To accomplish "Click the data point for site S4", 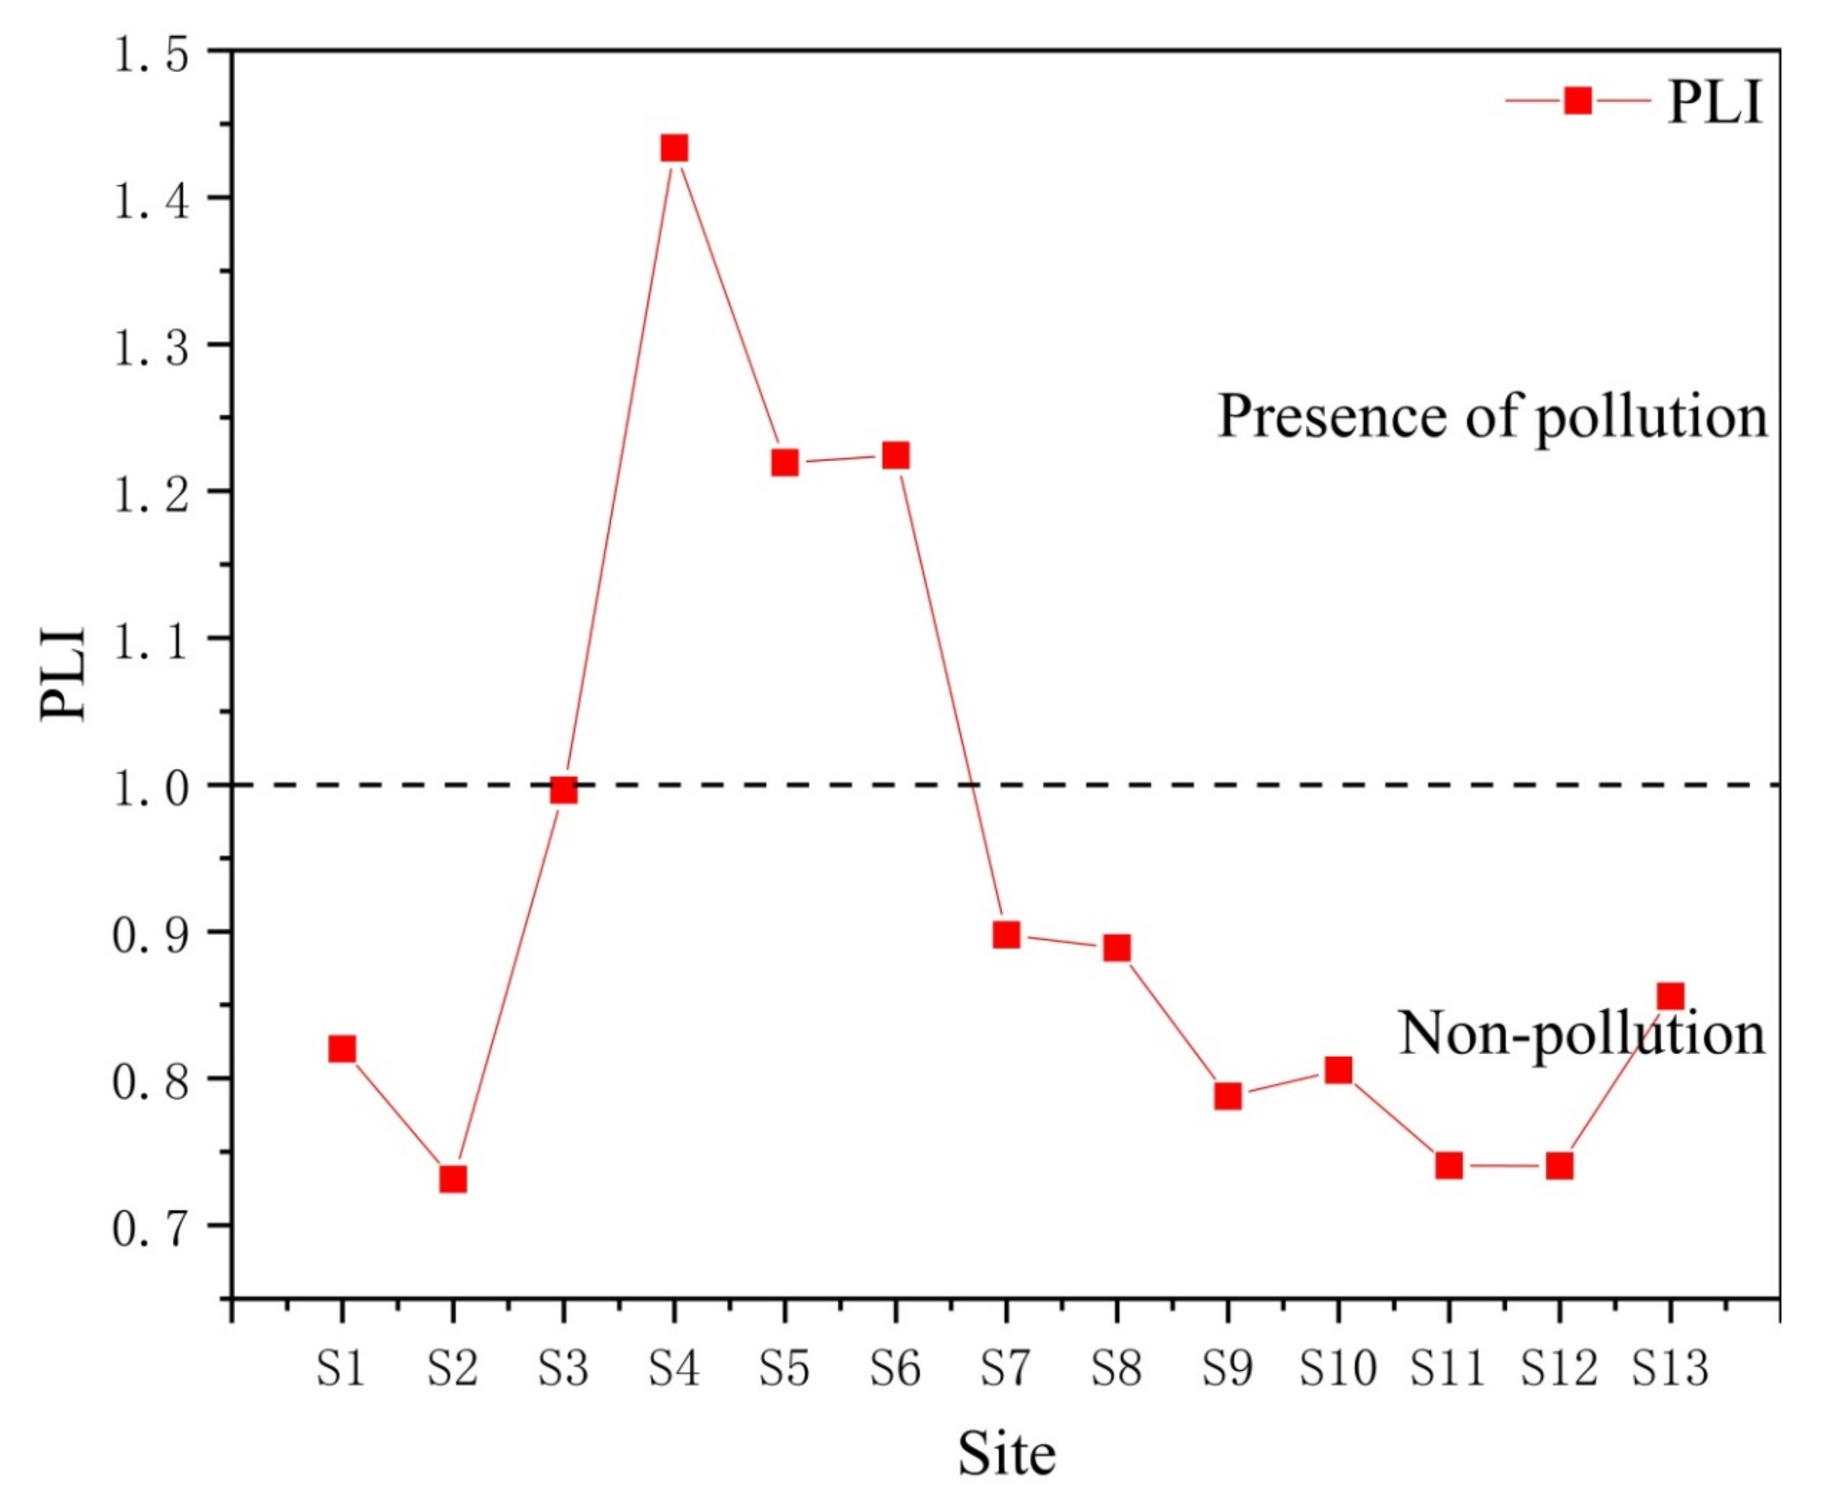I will coord(674,148).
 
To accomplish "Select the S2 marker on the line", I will coord(452,1179).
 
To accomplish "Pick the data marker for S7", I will coord(1006,935).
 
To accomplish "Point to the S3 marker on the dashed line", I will coord(563,789).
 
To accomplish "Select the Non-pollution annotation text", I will coord(1581,1034).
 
